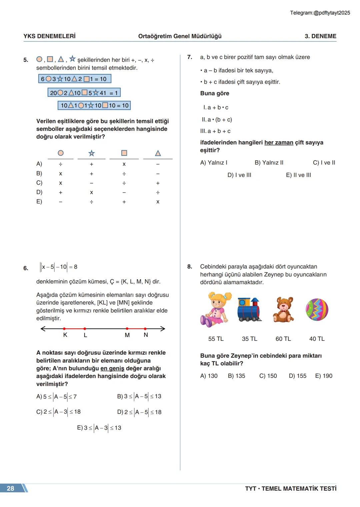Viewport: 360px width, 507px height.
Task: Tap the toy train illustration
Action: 249,310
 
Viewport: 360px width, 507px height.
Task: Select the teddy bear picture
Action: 283,310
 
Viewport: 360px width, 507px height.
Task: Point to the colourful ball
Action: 317,309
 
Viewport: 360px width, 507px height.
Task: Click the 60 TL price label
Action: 283,339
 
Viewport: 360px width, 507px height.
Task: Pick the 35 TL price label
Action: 249,339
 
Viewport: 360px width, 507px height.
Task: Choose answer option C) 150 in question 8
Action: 268,376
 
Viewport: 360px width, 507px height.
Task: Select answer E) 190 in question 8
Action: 324,376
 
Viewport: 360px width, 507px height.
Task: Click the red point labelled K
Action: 64,329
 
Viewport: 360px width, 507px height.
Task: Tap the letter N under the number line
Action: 146,335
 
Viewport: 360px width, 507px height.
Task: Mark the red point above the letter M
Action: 127,329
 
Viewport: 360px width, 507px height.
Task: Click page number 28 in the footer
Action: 11,488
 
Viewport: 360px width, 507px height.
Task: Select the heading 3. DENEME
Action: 320,36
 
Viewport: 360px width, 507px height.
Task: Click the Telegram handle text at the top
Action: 320,13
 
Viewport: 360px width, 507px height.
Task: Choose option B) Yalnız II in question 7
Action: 269,163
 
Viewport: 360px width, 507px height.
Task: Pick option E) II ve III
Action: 298,175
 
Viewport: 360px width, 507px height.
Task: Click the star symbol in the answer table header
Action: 91,153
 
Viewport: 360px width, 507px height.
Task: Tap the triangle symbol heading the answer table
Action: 158,153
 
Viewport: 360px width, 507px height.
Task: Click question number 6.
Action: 26,268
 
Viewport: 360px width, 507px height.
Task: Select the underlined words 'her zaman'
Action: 279,143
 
